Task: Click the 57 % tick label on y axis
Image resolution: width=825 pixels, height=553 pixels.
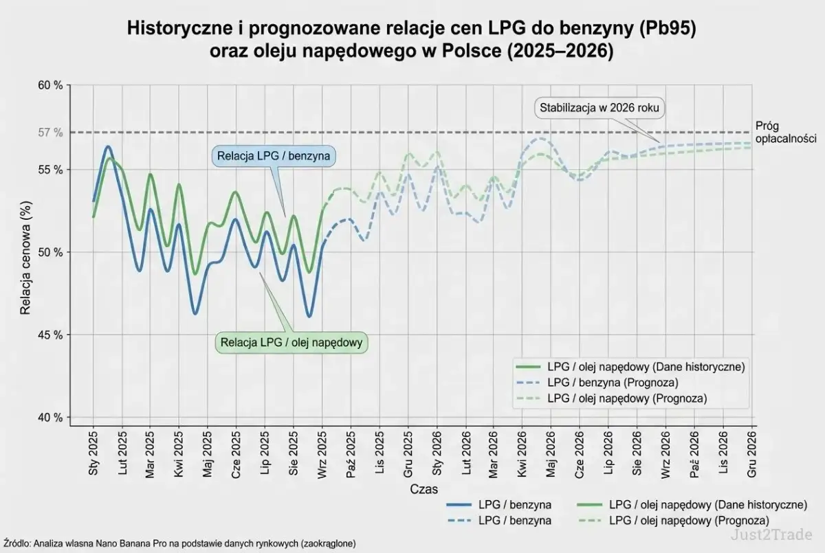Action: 49,133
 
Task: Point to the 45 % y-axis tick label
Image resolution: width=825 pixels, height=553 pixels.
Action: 49,335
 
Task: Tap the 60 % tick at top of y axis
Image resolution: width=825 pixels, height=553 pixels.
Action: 49,86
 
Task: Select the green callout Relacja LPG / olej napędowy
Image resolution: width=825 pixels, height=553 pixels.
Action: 291,342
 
